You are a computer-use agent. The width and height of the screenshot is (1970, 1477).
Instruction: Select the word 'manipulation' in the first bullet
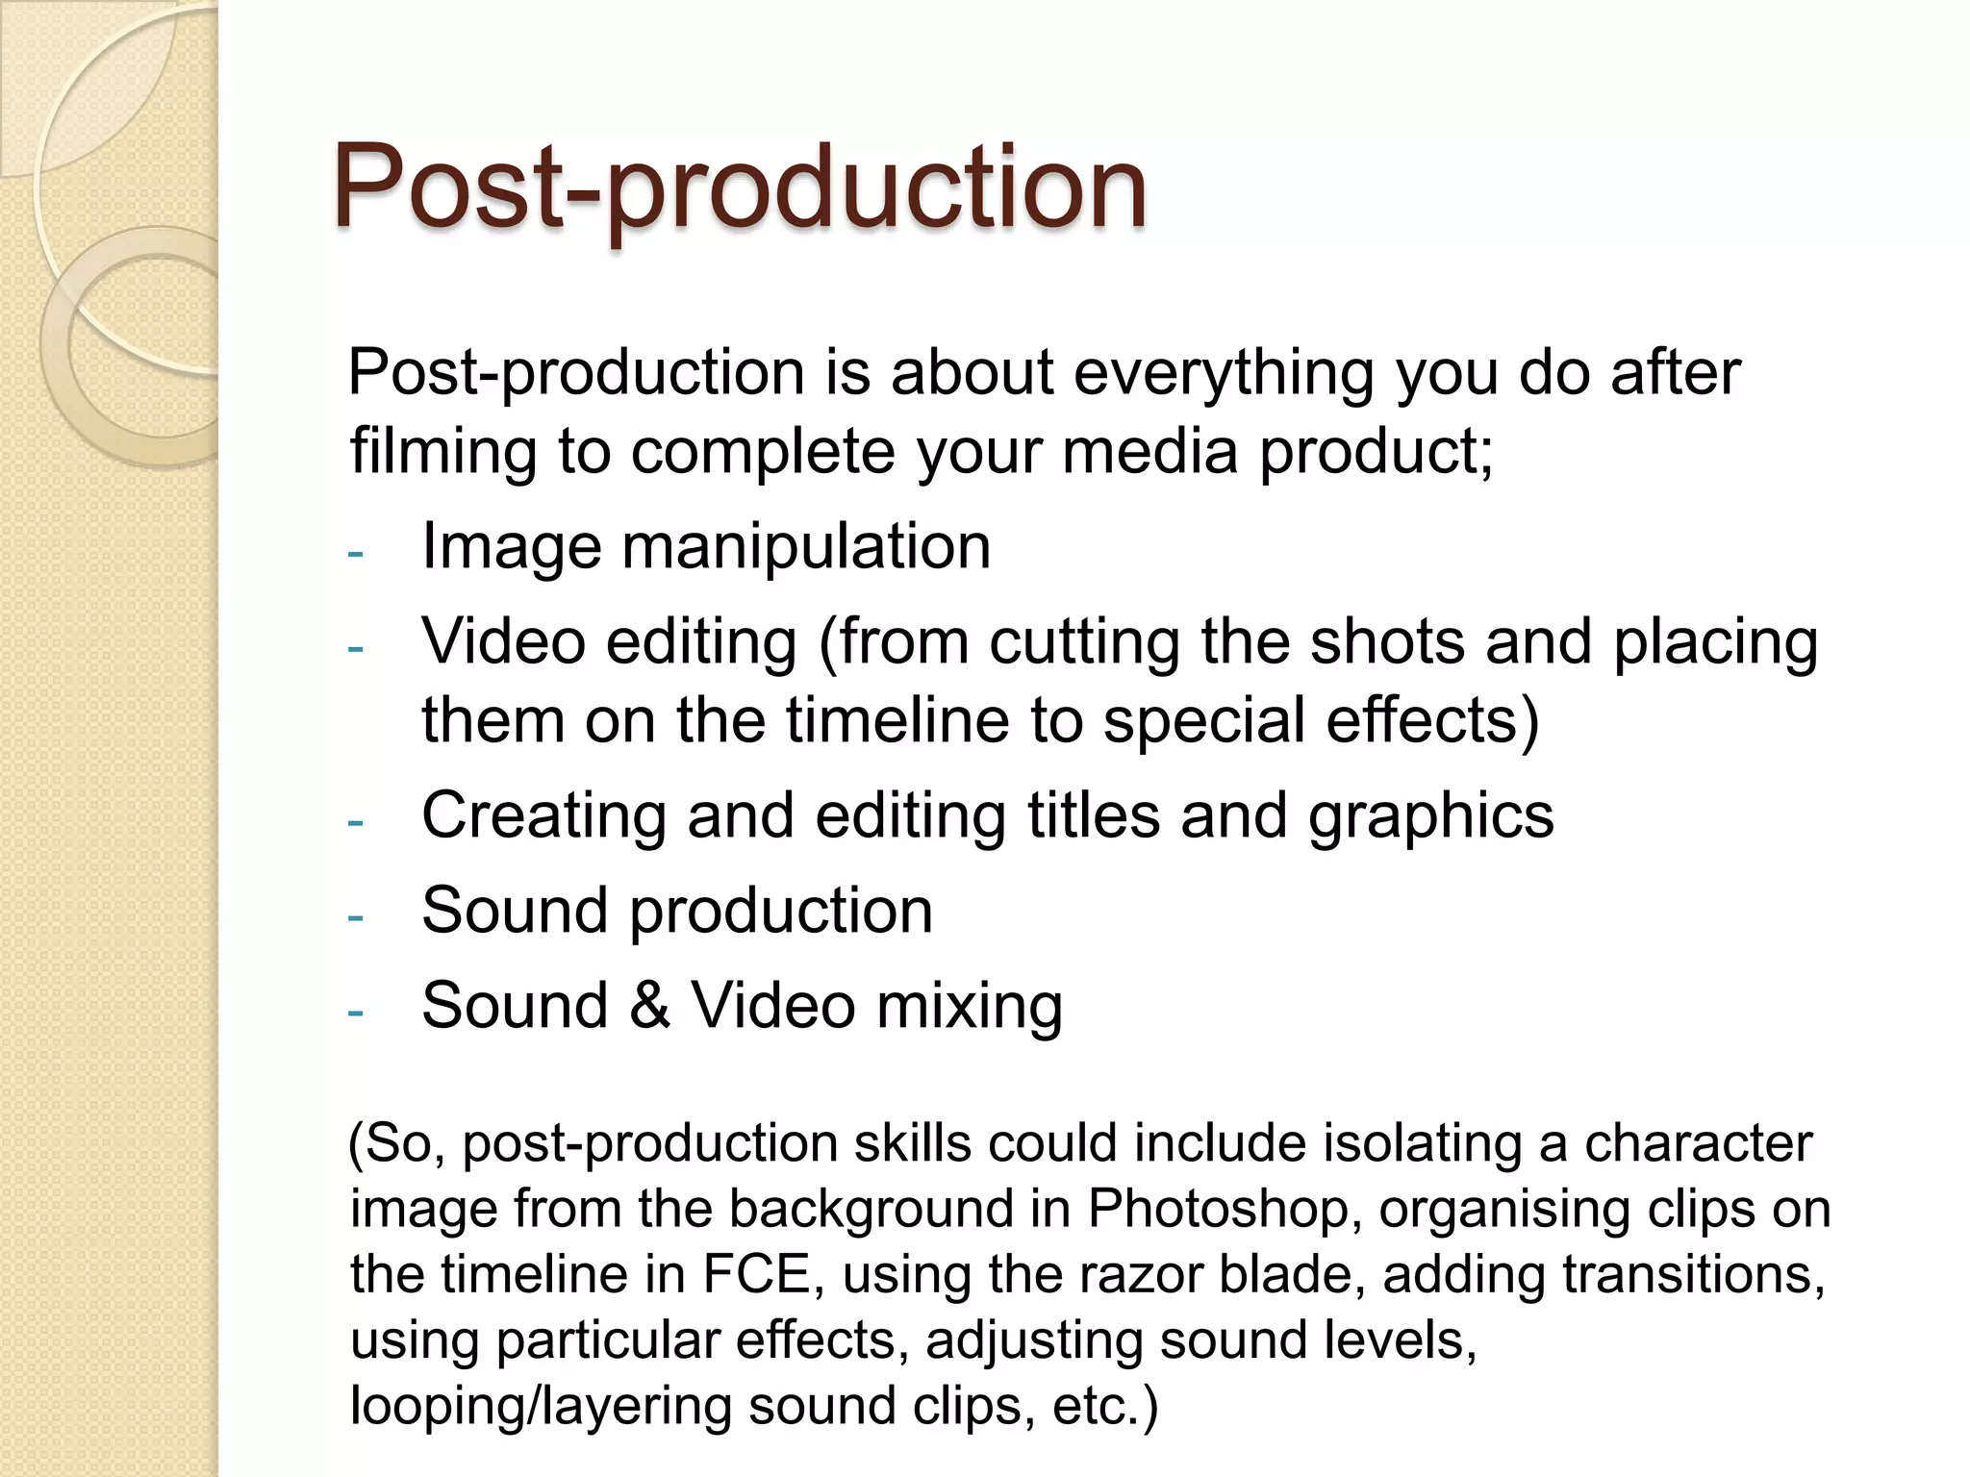click(806, 546)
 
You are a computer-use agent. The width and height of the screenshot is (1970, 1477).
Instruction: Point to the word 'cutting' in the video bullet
click(1084, 642)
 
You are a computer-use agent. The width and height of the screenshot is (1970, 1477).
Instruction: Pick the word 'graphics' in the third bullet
click(1430, 816)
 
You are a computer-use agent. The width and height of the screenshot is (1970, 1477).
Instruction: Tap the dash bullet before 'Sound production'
click(356, 917)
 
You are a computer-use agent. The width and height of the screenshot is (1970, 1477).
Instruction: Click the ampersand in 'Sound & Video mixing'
click(650, 1006)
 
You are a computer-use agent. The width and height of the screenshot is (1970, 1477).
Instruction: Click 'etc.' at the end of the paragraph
click(1105, 1406)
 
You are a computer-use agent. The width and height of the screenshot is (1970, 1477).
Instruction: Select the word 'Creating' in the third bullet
click(543, 816)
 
